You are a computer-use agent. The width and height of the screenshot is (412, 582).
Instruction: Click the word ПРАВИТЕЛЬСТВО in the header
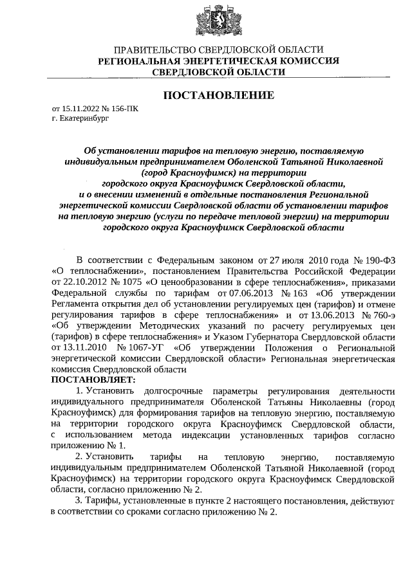[152, 50]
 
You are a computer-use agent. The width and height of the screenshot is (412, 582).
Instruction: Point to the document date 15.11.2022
[78, 109]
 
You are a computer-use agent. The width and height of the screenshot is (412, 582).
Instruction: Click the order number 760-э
[386, 314]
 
